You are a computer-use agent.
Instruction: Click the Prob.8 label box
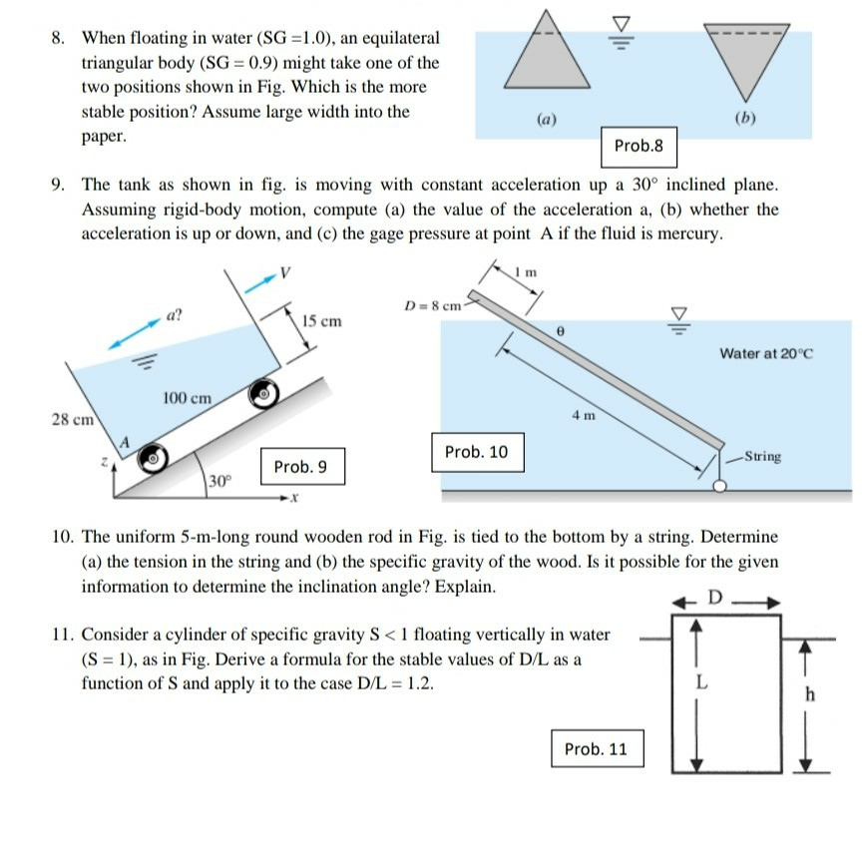639,146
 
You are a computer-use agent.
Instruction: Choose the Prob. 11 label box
596,748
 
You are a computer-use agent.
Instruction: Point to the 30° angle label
218,481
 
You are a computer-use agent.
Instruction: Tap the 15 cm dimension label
321,321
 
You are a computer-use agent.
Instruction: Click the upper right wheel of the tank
263,394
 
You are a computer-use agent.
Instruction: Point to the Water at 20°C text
766,353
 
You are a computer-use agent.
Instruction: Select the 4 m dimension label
584,414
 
